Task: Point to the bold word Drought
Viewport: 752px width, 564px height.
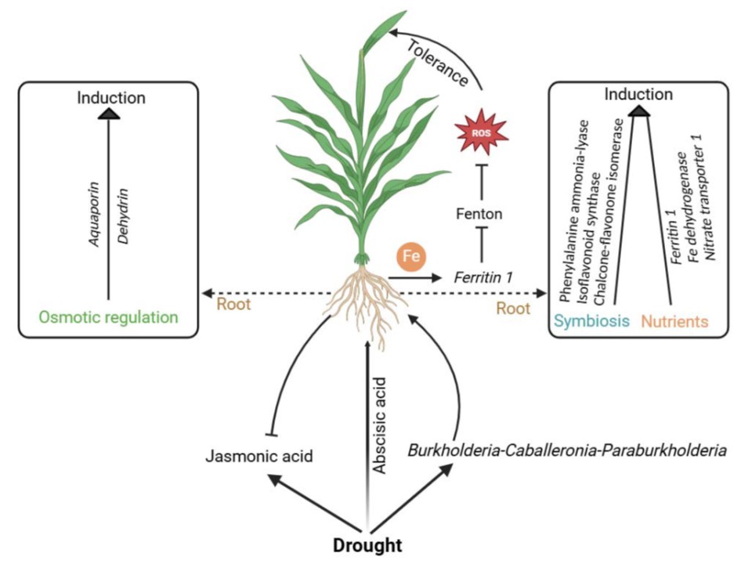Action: click(x=367, y=545)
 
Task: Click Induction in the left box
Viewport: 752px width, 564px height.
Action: click(x=110, y=98)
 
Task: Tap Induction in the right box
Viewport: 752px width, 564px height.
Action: click(x=638, y=95)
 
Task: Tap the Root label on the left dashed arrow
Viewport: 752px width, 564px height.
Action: click(x=233, y=305)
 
